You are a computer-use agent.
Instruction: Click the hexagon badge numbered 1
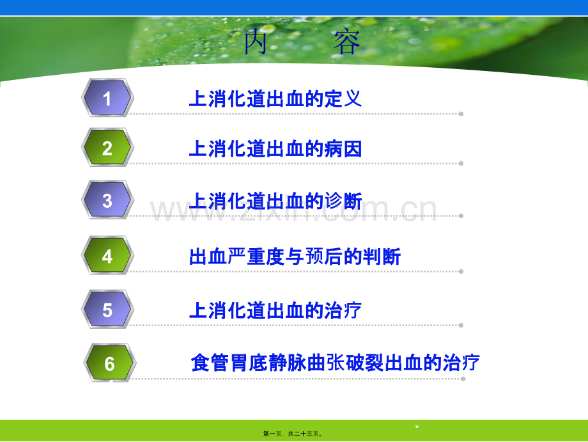pyautogui.click(x=107, y=98)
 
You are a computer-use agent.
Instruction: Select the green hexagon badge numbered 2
pyautogui.click(x=107, y=148)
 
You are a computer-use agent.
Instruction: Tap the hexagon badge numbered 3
pyautogui.click(x=107, y=200)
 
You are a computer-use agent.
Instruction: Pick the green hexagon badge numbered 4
pyautogui.click(x=107, y=255)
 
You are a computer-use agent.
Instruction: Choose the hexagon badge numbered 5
pyautogui.click(x=107, y=310)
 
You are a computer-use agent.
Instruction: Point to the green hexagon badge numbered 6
pyautogui.click(x=109, y=363)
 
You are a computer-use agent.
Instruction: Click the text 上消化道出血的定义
pyautogui.click(x=275, y=99)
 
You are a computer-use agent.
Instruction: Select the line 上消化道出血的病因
pyautogui.click(x=275, y=148)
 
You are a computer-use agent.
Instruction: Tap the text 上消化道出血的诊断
pyautogui.click(x=275, y=201)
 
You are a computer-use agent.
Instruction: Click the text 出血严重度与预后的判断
pyautogui.click(x=295, y=257)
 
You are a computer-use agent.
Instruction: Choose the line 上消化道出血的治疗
pyautogui.click(x=275, y=311)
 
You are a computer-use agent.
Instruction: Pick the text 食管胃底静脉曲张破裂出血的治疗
pyautogui.click(x=336, y=363)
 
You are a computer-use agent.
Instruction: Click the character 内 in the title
pyautogui.click(x=256, y=42)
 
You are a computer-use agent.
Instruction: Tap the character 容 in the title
pyautogui.click(x=347, y=42)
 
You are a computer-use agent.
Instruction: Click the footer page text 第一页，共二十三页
pyautogui.click(x=293, y=434)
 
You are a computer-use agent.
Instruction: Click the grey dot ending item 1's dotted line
pyautogui.click(x=461, y=114)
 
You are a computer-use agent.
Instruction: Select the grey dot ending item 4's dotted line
pyautogui.click(x=461, y=271)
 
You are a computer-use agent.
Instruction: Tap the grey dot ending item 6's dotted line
pyautogui.click(x=463, y=379)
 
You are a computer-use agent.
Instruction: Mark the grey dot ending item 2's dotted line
pyautogui.click(x=461, y=163)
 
